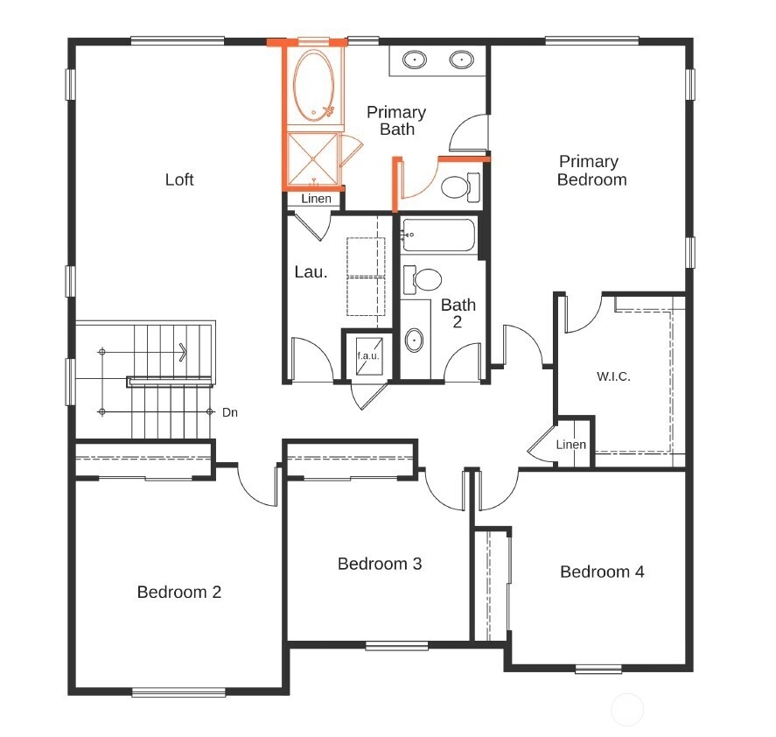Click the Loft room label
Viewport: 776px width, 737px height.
pos(179,179)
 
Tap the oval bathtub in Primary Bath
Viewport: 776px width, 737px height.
pos(313,85)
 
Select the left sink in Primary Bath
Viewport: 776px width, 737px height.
pos(414,60)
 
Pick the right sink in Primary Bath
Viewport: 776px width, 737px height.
pos(461,60)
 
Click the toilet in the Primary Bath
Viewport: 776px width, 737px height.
pos(460,187)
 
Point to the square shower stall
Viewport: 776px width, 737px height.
pos(313,158)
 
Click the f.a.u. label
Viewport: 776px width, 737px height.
pos(368,355)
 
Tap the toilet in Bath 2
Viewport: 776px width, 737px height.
pos(423,280)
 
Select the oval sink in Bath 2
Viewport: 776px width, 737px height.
pos(414,340)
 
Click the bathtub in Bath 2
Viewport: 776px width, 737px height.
pos(438,235)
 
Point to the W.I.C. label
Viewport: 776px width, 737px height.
pos(613,376)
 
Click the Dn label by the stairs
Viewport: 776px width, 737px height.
pos(230,412)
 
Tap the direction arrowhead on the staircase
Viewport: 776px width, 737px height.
pos(184,352)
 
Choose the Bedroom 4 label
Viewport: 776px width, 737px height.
pos(602,572)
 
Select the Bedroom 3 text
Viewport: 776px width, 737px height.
pos(380,564)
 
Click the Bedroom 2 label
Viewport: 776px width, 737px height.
pos(179,592)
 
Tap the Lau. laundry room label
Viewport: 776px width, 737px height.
pos(311,272)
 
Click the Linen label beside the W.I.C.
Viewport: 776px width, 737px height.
pos(571,445)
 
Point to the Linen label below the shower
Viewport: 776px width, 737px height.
pos(316,199)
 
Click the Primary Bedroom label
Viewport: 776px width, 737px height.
pos(592,171)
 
